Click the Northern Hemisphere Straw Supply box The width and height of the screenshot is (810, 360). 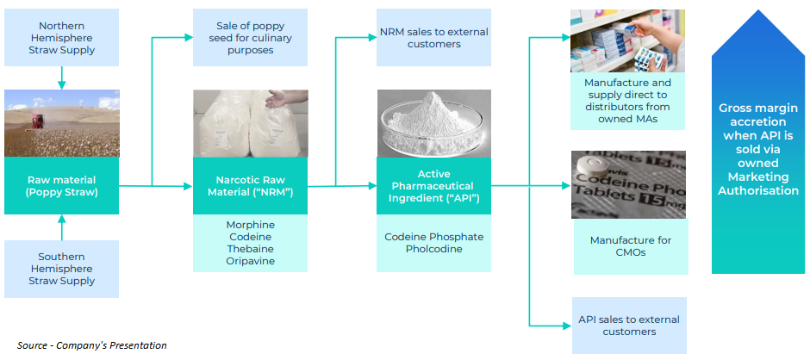[61, 39]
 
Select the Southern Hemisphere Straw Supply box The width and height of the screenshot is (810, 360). [61, 269]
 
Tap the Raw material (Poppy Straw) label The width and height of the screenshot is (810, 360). [61, 185]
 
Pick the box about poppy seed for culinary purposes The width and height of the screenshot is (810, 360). [250, 39]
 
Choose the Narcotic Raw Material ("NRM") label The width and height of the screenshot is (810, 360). [250, 185]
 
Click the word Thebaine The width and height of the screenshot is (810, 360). [250, 249]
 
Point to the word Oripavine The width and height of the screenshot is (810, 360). [250, 261]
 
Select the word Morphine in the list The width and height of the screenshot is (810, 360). [250, 225]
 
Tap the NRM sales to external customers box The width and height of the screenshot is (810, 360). [433, 38]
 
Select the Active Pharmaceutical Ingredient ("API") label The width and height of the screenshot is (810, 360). [433, 185]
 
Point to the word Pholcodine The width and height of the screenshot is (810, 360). [433, 249]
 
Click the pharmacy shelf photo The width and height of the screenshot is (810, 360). [628, 40]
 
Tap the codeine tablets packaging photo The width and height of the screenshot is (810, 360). [628, 184]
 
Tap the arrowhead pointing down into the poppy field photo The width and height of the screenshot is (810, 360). [61, 84]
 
